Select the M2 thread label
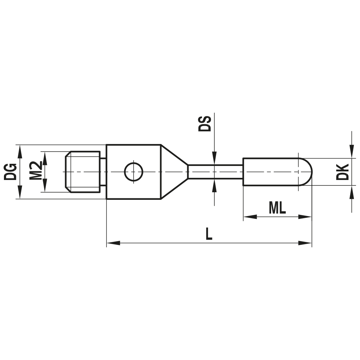(x=36, y=171)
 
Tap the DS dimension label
(x=205, y=123)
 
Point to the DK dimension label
(x=342, y=172)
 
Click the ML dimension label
(x=277, y=208)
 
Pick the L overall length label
(x=209, y=234)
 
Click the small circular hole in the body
(x=134, y=172)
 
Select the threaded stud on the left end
(x=83, y=172)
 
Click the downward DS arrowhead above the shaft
(x=214, y=158)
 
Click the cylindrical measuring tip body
(x=270, y=172)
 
